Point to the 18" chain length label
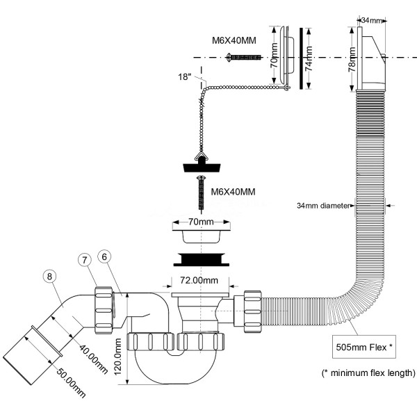tap(185, 77)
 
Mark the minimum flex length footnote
tap(369, 373)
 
